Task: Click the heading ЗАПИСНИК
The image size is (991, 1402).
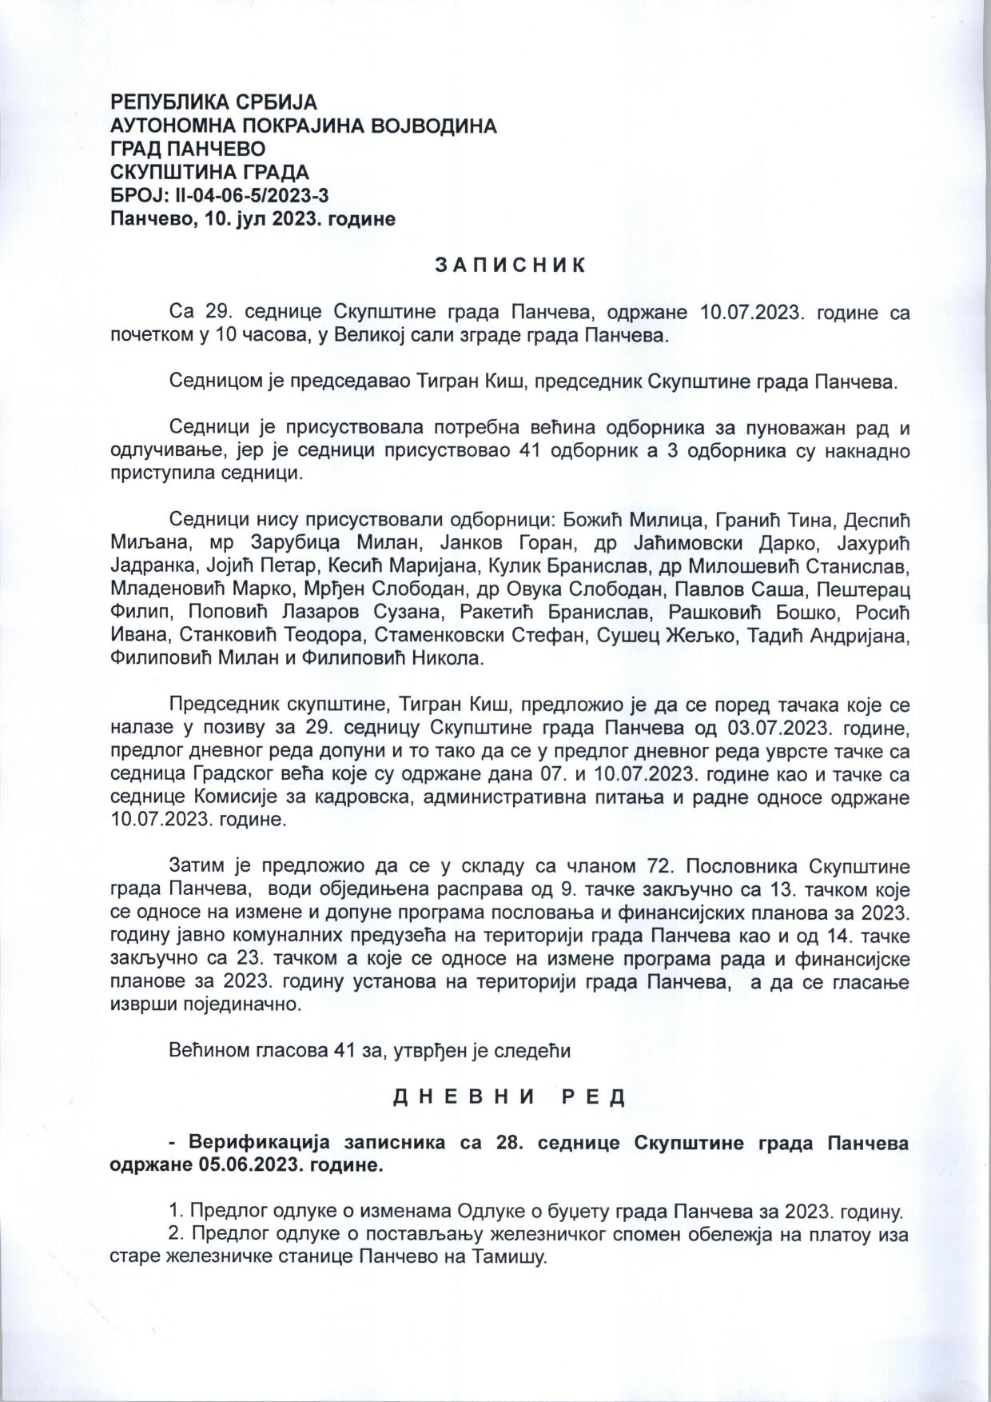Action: point(510,265)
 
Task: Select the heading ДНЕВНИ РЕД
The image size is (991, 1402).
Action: point(509,1096)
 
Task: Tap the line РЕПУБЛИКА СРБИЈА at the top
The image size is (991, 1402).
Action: point(213,103)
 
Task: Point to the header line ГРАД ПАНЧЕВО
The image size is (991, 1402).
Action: point(188,149)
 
